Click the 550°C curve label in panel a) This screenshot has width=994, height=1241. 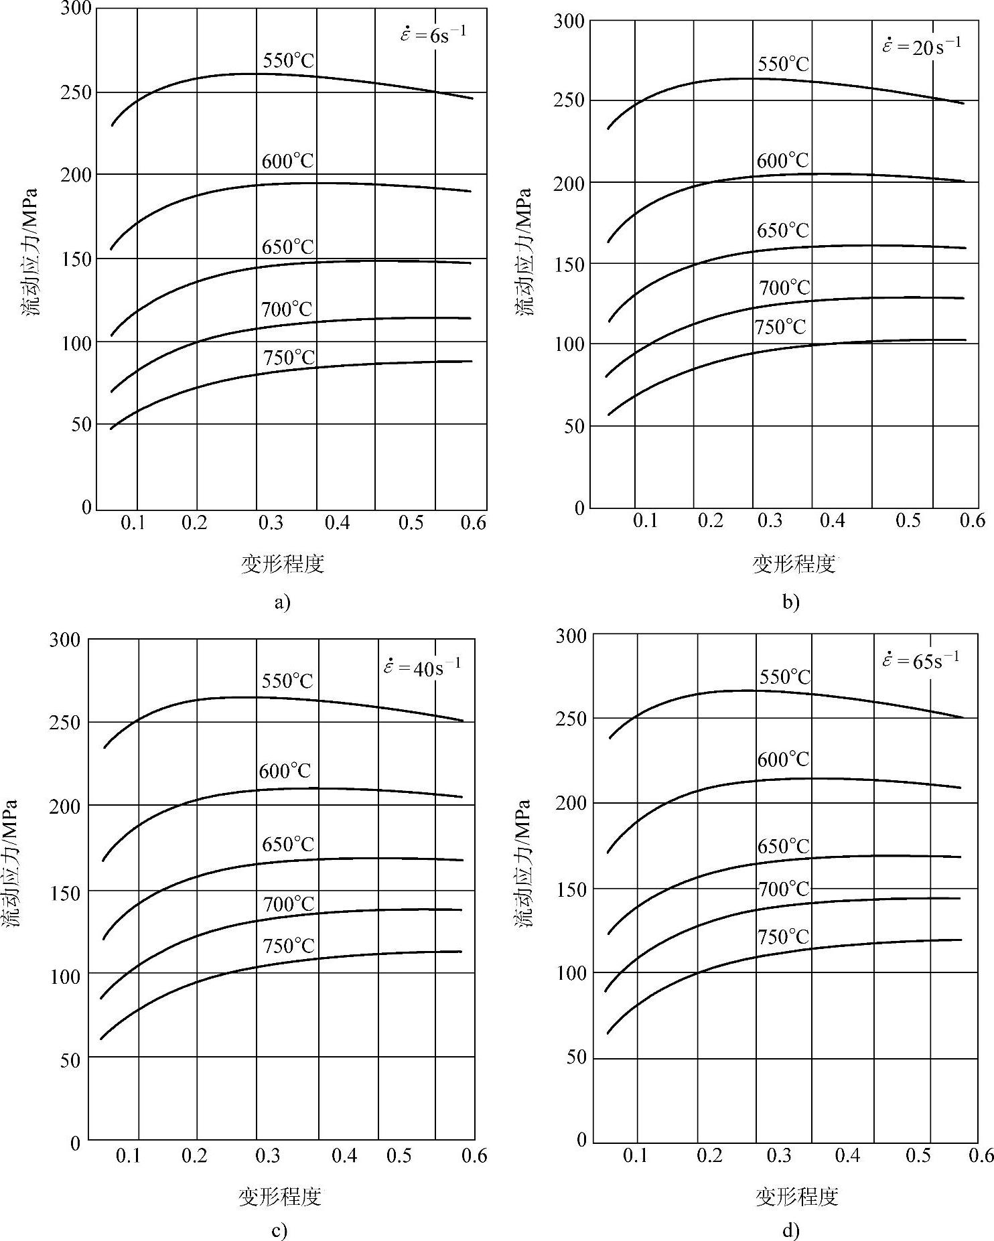click(x=288, y=61)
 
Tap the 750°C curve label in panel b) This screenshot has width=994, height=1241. click(x=780, y=327)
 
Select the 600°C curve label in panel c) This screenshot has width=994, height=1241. click(x=285, y=771)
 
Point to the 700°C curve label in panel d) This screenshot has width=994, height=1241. click(x=784, y=889)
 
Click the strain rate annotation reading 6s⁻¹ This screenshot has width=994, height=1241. click(x=433, y=34)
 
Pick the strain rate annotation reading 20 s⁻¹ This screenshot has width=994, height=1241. click(x=922, y=46)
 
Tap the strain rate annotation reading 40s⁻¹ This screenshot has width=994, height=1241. click(x=422, y=667)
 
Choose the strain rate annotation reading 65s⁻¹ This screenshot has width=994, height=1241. click(x=920, y=660)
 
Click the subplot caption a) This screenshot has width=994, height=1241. click(x=282, y=602)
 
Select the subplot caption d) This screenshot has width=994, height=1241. click(x=790, y=1230)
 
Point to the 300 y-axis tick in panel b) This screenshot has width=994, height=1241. click(x=569, y=21)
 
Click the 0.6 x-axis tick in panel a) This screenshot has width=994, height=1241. click(x=473, y=523)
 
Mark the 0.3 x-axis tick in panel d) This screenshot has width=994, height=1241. click(x=778, y=1156)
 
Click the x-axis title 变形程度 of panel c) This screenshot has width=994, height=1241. click(x=280, y=1196)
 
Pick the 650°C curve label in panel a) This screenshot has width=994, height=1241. click(x=288, y=247)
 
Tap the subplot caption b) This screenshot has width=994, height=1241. click(x=790, y=602)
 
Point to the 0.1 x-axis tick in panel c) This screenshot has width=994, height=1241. click(x=129, y=1157)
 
